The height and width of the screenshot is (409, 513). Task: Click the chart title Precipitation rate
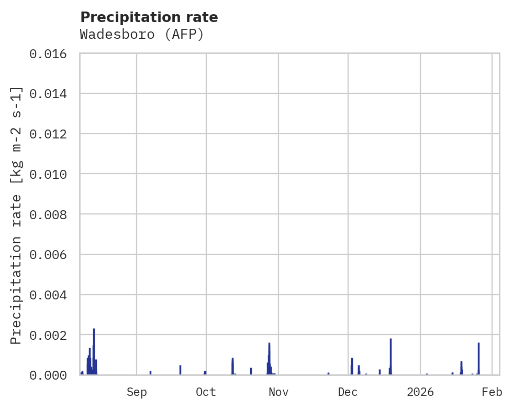149,17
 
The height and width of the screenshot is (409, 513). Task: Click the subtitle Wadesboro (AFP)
141,35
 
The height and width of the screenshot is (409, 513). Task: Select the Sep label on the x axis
137,392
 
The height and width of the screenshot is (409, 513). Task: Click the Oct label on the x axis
206,392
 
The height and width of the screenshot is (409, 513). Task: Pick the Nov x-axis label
278,392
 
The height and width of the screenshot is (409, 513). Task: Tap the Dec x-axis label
348,392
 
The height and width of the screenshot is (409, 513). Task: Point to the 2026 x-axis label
420,392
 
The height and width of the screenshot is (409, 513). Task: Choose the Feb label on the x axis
492,392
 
